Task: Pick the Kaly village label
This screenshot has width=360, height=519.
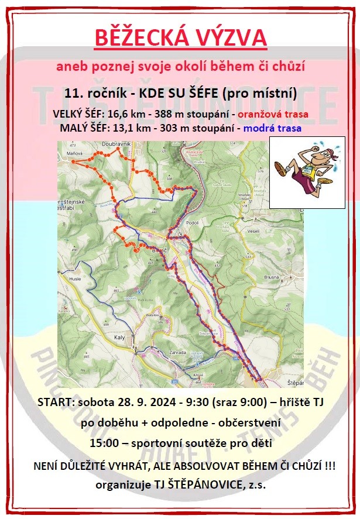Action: click(x=121, y=338)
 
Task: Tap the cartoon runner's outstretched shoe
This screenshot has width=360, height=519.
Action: click(x=280, y=169)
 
